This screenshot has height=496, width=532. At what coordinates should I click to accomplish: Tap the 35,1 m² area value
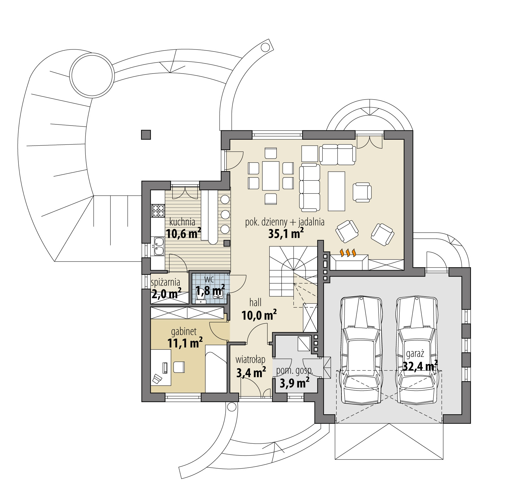click(286, 234)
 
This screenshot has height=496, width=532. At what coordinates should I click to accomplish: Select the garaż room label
click(415, 353)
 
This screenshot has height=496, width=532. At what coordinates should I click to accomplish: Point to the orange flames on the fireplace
click(348, 252)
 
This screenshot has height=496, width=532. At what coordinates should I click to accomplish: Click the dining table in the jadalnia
click(271, 176)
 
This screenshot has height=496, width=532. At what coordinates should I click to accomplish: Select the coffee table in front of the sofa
click(336, 191)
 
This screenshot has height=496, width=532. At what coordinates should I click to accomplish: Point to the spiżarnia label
click(165, 282)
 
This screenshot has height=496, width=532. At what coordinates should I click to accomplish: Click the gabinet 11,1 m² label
click(184, 338)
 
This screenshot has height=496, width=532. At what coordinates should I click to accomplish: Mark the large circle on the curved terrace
click(92, 76)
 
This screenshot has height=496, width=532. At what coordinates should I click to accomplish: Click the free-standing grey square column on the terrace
click(146, 135)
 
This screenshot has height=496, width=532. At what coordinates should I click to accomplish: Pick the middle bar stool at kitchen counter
click(225, 215)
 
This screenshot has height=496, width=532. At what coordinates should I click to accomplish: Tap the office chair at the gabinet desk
click(179, 367)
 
